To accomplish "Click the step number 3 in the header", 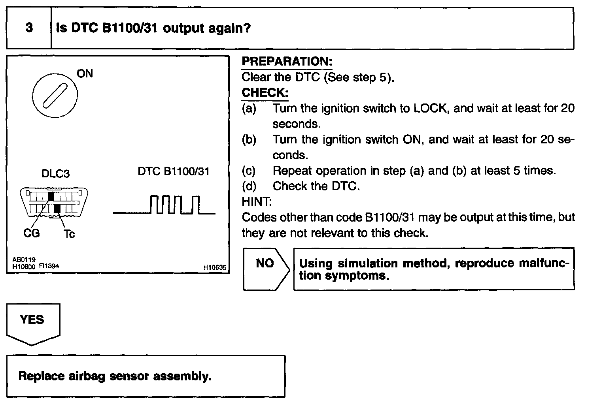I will [x=29, y=28].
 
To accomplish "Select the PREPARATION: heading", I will [x=287, y=62].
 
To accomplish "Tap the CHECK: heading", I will [x=265, y=93].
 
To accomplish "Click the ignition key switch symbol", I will [x=55, y=95].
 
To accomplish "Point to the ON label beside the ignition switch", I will [x=85, y=73].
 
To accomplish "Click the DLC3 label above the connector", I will [x=55, y=174].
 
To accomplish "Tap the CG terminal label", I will [x=32, y=233].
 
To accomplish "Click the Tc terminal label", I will [x=69, y=234].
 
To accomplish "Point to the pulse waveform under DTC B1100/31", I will [x=164, y=205].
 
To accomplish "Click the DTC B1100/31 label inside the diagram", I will [x=174, y=171].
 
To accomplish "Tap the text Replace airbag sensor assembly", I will [x=115, y=376].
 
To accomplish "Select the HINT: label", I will [x=257, y=202].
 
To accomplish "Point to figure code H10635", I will [x=215, y=268].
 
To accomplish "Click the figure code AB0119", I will [x=24, y=260].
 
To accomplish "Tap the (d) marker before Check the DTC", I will [x=249, y=186].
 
